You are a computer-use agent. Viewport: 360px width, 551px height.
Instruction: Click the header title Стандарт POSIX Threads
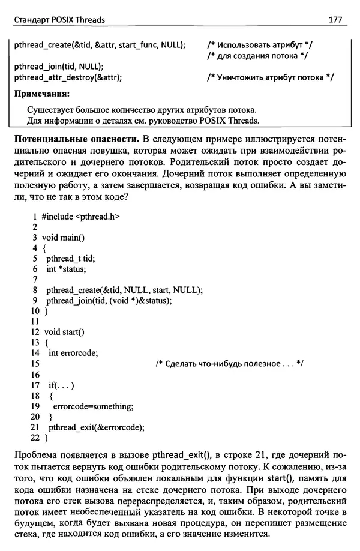[x=59, y=20]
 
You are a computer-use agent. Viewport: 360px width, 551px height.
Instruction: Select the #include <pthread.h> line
[x=76, y=216]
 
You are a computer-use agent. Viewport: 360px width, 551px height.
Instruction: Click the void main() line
[x=63, y=238]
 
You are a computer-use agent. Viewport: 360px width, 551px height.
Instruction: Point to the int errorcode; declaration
[x=73, y=353]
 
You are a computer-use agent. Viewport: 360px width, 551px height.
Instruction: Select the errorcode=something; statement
[x=89, y=406]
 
